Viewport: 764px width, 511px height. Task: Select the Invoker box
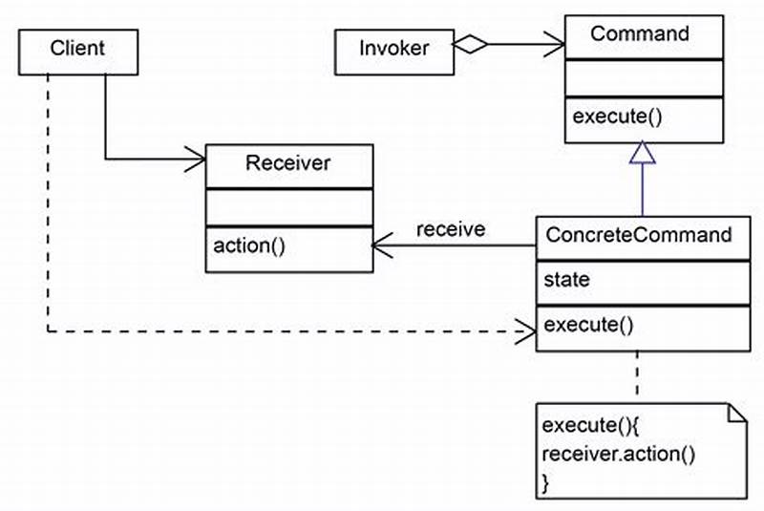coord(394,48)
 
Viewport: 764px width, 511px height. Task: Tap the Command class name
coord(639,34)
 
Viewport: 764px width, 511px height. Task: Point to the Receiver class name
coord(287,162)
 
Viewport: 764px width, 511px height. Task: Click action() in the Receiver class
coord(249,245)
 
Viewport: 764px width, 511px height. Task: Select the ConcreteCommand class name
coord(638,234)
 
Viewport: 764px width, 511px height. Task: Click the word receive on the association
coord(450,229)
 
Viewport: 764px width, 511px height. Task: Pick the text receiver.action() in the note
coord(618,454)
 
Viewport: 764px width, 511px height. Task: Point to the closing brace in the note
coord(546,482)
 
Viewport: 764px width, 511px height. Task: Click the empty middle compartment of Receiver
coord(287,207)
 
